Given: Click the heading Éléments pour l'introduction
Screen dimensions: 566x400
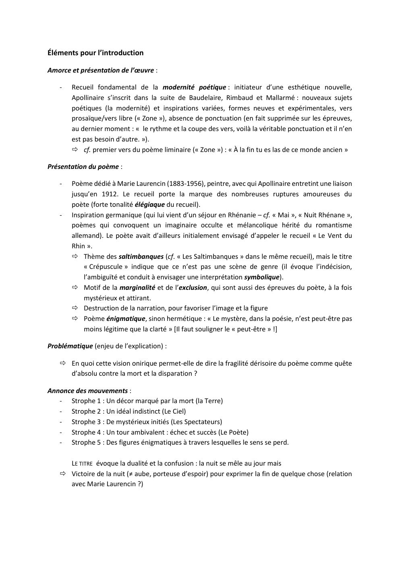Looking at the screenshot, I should [x=95, y=53].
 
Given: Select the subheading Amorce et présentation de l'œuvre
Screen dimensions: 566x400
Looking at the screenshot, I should [x=101, y=70].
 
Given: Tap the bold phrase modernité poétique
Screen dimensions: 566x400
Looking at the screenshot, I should [x=194, y=87].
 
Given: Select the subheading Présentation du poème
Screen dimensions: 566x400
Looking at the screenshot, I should [x=83, y=166].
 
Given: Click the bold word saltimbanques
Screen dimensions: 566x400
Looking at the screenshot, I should [x=141, y=256].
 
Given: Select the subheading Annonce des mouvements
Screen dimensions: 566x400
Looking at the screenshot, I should [x=87, y=391].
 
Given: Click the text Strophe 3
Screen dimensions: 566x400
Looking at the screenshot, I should [x=86, y=422].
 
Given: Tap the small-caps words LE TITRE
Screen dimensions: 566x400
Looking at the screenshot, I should [x=82, y=464].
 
